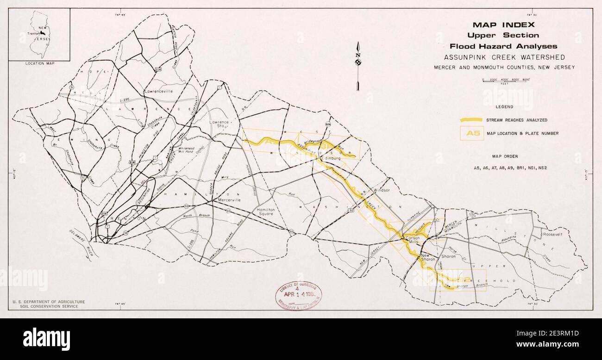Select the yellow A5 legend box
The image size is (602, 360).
tap(471, 133)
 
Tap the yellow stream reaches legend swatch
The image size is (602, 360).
tap(471, 120)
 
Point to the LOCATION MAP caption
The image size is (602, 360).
tap(39, 63)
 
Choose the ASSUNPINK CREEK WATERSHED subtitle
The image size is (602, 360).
tap(505, 57)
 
